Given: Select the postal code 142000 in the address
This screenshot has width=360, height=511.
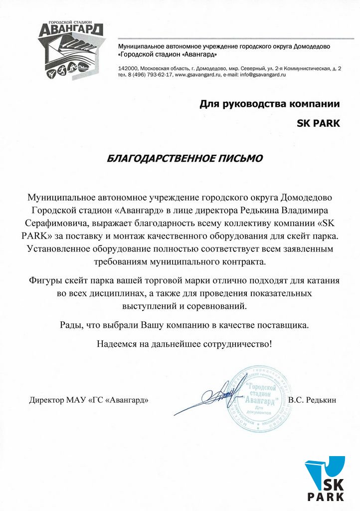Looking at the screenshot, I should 127,68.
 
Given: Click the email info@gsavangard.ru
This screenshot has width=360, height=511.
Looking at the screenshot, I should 262,74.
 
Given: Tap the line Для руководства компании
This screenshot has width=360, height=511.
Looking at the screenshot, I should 270,104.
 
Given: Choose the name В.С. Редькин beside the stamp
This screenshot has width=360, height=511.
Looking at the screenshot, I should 313,400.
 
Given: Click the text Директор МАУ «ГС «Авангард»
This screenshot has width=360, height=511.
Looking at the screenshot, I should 89,400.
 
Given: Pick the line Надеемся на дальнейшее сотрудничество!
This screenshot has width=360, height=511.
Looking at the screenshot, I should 184,343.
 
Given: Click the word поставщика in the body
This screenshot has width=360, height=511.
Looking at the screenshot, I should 284,325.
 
